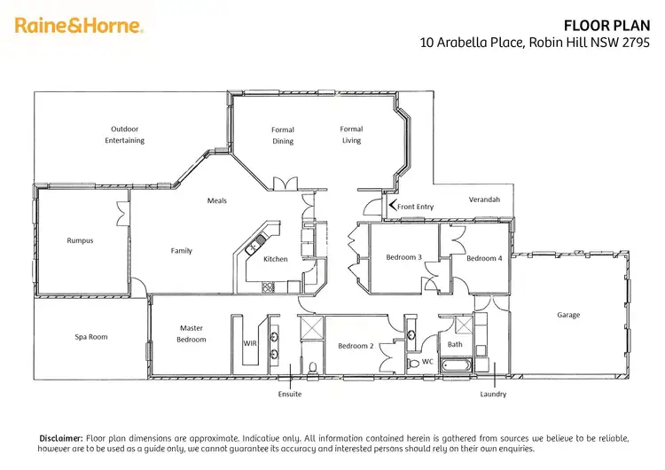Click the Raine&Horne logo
point(79,26)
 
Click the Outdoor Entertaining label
point(124,135)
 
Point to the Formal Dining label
point(283,136)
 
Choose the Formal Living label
point(352,135)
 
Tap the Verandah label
point(484,200)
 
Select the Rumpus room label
point(80,240)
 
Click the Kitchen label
point(275,259)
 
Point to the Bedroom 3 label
point(403,258)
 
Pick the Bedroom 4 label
point(484,258)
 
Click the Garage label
point(568,315)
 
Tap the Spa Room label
point(90,337)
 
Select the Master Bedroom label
point(192,333)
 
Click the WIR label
point(249,343)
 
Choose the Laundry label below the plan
point(493,394)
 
